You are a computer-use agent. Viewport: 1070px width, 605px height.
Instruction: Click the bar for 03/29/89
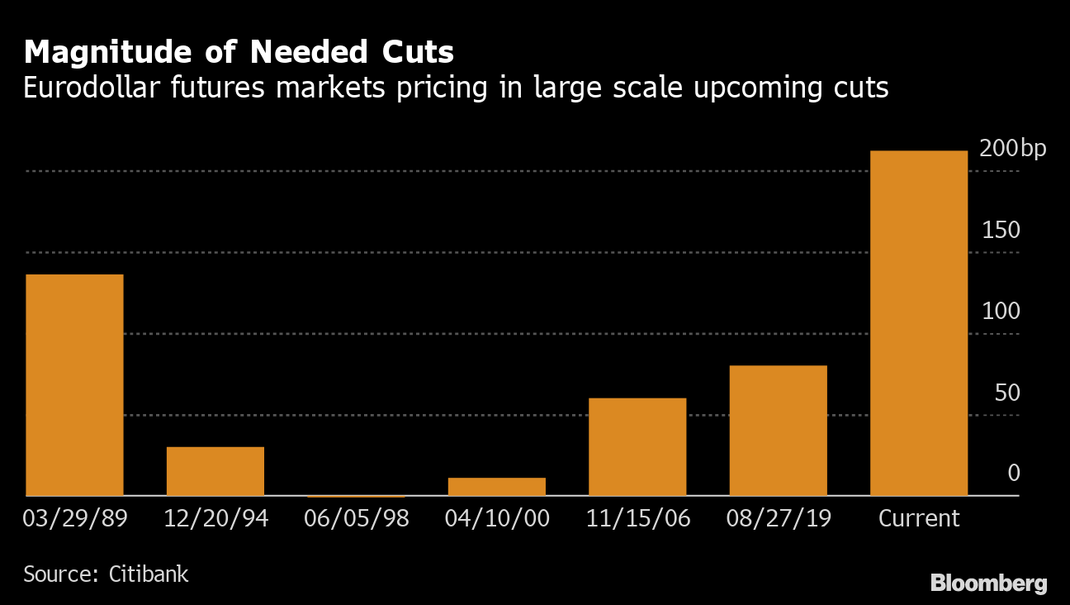[x=74, y=385]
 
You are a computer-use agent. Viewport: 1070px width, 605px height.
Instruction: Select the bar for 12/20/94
[x=215, y=471]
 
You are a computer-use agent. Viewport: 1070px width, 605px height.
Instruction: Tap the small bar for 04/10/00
[x=497, y=487]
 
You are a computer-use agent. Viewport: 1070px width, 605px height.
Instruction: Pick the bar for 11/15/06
[x=637, y=447]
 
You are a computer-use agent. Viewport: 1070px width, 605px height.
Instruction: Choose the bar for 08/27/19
[x=778, y=431]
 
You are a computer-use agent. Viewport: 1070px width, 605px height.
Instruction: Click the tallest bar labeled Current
[x=919, y=323]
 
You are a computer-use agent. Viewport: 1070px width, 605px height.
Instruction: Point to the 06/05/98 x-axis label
[x=356, y=519]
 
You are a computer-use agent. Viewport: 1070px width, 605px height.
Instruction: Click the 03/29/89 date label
[x=75, y=519]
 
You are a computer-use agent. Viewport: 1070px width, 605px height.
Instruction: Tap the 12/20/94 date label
[x=215, y=519]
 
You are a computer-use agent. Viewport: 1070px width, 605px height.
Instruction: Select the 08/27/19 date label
[x=779, y=519]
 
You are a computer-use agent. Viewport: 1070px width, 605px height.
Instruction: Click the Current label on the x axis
[x=919, y=519]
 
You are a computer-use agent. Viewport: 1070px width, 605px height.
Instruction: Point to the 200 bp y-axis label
[x=1012, y=149]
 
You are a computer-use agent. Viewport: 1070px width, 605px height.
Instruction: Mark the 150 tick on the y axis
[x=1001, y=230]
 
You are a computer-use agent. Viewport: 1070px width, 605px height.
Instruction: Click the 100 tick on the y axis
[x=1001, y=312]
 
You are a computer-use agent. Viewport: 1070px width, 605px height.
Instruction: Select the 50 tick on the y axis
[x=1007, y=393]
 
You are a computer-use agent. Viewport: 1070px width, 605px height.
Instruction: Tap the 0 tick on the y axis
[x=1014, y=474]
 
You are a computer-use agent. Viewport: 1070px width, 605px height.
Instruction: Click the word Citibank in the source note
[x=149, y=574]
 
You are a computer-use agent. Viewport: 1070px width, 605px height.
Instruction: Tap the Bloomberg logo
[x=988, y=584]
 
